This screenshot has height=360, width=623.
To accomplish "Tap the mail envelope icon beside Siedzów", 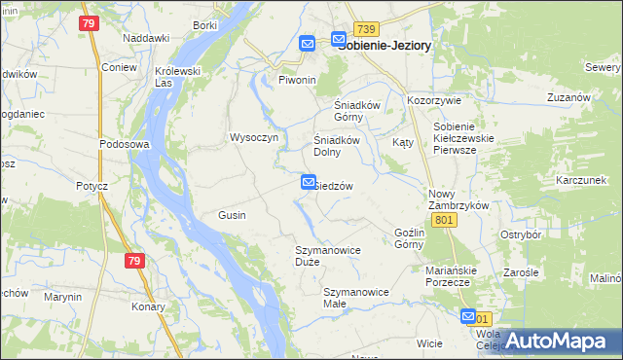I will tap(309, 181).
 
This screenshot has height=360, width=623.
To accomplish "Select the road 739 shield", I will tap(365, 29).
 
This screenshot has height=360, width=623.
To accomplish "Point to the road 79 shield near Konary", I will tap(134, 261).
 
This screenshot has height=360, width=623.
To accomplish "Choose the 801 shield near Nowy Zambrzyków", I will tap(445, 221).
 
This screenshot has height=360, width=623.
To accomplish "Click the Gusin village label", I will tap(232, 215).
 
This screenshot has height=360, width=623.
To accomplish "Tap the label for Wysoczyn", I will tap(254, 138).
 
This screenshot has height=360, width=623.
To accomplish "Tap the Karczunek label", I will tap(581, 181).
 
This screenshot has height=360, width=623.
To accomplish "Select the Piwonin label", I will tap(298, 80).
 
